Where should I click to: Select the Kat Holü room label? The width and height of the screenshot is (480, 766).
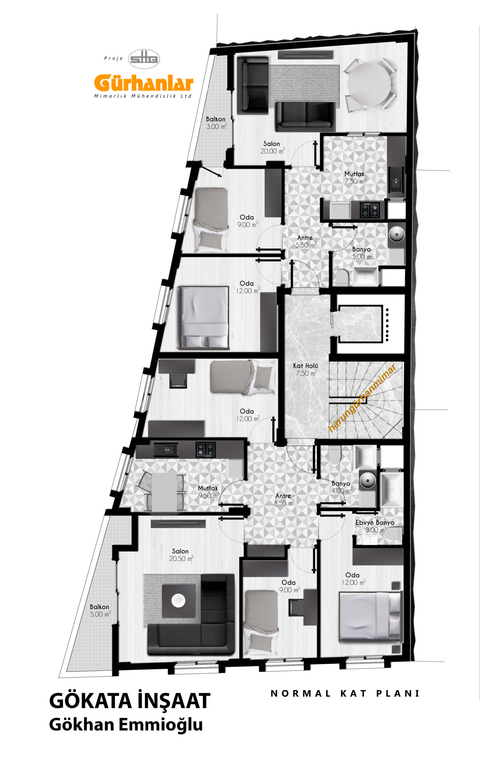pyautogui.click(x=306, y=370)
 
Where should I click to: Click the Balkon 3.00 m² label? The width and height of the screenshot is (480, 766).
pyautogui.click(x=216, y=123)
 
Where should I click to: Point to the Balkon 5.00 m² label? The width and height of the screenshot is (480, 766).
pyautogui.click(x=100, y=610)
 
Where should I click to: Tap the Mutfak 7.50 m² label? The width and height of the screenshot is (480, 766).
pyautogui.click(x=355, y=177)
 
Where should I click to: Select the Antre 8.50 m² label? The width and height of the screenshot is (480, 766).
pyautogui.click(x=284, y=499)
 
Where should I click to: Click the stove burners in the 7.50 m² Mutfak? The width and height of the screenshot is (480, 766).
pyautogui.click(x=370, y=210)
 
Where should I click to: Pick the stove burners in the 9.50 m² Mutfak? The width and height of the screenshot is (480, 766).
pyautogui.click(x=205, y=450)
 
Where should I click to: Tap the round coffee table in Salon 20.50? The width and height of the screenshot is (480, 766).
pyautogui.click(x=178, y=601)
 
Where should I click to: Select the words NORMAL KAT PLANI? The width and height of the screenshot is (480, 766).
pyautogui.click(x=345, y=694)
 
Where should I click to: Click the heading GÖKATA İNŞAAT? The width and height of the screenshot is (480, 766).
pyautogui.click(x=130, y=701)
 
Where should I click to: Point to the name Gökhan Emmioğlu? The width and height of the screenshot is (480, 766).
pyautogui.click(x=126, y=725)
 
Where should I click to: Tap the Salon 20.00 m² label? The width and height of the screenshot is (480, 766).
pyautogui.click(x=272, y=147)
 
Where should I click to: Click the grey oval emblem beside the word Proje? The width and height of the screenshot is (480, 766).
pyautogui.click(x=144, y=59)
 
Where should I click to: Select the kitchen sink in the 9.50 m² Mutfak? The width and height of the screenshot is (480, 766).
pyautogui.click(x=166, y=450)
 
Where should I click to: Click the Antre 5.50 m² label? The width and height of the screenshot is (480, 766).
pyautogui.click(x=306, y=241)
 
